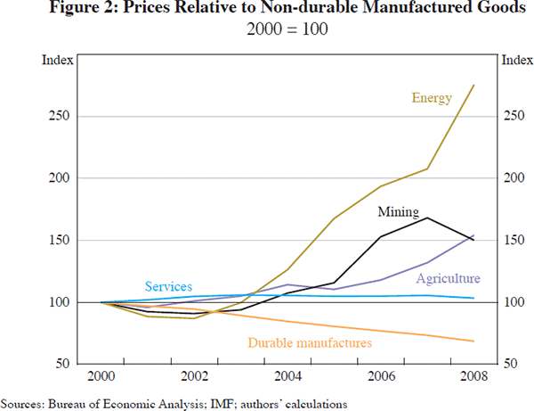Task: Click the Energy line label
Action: (x=433, y=98)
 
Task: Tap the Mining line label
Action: (x=397, y=212)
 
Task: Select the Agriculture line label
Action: (x=448, y=279)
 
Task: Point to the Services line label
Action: (x=168, y=286)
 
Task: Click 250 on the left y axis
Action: (x=61, y=116)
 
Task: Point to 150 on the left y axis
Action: (x=61, y=241)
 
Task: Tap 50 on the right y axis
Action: (x=509, y=365)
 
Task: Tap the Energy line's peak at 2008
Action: (x=473, y=86)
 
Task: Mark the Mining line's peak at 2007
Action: (x=427, y=218)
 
